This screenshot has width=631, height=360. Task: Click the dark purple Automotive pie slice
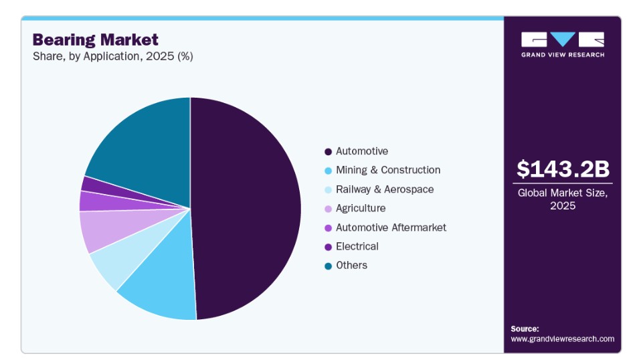246,209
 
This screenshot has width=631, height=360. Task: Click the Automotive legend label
362,151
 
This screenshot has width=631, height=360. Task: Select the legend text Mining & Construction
388,170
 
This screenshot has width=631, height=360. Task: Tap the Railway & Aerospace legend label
385,189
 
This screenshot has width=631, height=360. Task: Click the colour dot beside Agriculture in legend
328,209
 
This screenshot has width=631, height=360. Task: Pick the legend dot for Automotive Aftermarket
328,228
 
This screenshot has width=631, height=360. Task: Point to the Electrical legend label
357,246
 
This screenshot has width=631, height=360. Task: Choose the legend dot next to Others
328,266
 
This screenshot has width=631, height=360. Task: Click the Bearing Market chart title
96,40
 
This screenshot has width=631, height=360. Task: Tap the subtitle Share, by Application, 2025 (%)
112,56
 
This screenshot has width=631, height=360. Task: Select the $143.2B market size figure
563,169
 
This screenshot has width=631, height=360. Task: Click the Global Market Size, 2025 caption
563,199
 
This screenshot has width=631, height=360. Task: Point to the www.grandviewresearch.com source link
563,339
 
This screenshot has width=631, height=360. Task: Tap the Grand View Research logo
563,45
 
